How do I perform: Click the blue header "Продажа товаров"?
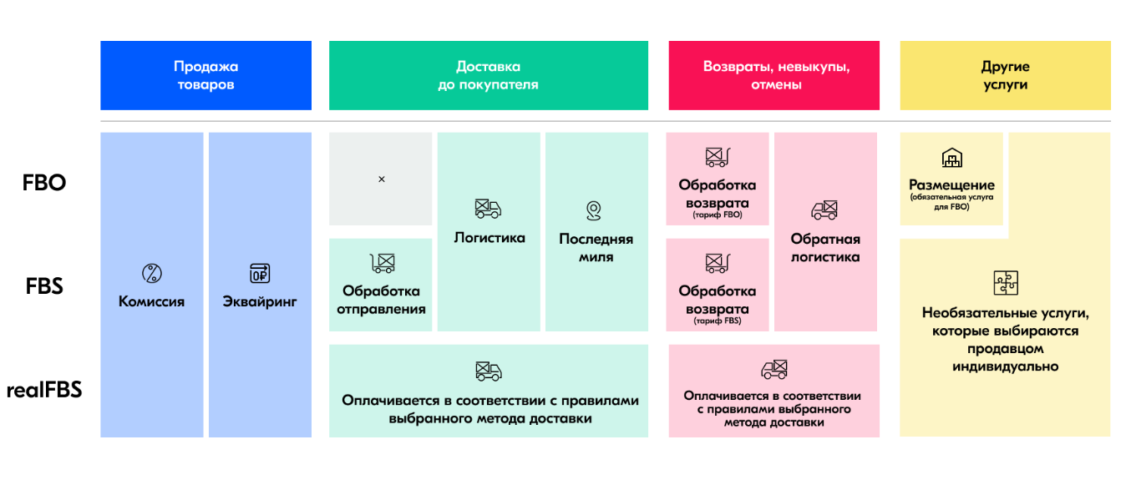tap(205, 75)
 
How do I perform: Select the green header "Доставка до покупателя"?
tap(489, 75)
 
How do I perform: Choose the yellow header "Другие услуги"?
tap(1006, 75)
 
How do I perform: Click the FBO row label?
tap(44, 183)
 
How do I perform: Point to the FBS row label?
tap(44, 286)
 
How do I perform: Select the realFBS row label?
tap(44, 390)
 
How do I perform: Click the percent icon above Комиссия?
tap(152, 274)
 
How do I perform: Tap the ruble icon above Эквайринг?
tap(260, 274)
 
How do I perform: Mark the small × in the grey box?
tap(382, 179)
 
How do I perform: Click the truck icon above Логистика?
tap(488, 209)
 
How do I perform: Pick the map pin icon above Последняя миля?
tap(594, 210)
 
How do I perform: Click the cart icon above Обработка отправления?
tap(383, 263)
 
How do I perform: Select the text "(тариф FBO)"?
tap(718, 215)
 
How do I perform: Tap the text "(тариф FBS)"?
tap(718, 321)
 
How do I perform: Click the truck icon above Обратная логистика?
tap(824, 210)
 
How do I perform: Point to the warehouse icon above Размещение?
tap(951, 158)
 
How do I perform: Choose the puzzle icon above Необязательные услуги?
tap(1006, 282)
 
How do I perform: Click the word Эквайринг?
tap(260, 301)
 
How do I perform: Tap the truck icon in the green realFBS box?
tap(489, 371)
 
